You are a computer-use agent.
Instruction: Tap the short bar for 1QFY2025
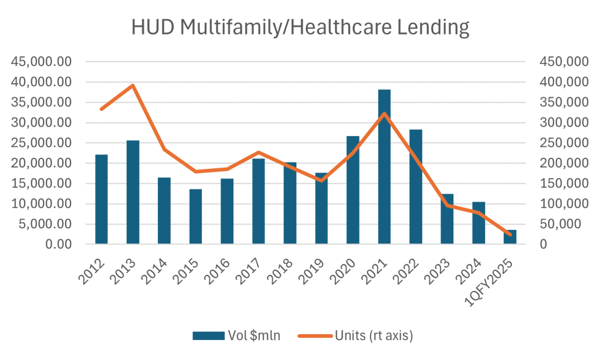pos(510,237)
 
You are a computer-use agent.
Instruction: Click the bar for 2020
pos(353,190)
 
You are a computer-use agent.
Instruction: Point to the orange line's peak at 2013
pos(133,86)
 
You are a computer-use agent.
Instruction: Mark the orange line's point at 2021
pos(384,114)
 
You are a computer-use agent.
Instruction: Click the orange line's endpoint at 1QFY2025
pos(510,235)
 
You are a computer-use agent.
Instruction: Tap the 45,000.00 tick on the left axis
pos(43,62)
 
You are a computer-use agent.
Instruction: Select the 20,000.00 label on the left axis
pos(43,164)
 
